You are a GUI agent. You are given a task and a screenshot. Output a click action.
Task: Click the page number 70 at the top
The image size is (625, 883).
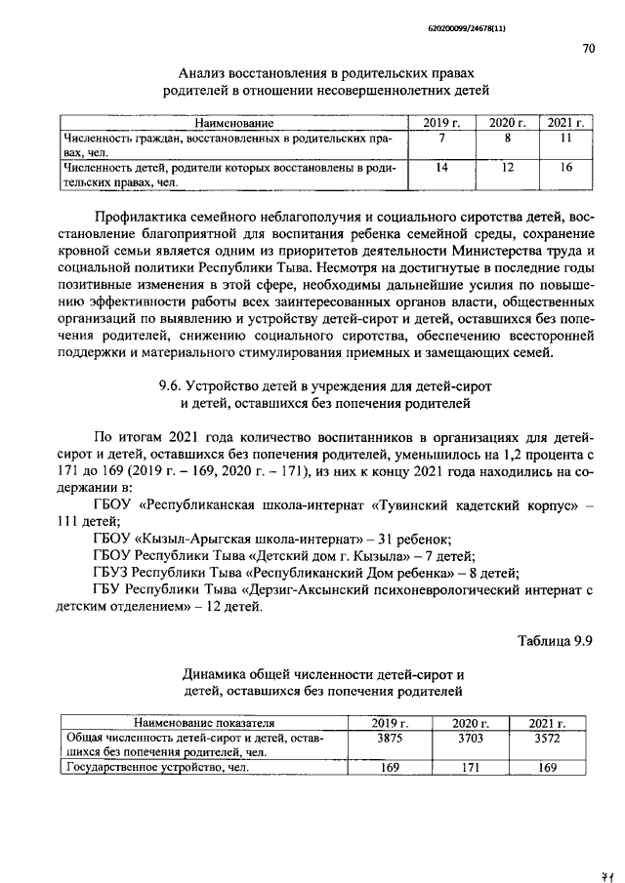(588, 48)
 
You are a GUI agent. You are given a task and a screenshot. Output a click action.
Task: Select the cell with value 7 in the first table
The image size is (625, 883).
(441, 139)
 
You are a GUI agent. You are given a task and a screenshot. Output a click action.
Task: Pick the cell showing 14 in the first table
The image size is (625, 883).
(441, 168)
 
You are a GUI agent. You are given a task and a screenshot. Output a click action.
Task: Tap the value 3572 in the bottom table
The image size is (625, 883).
(547, 739)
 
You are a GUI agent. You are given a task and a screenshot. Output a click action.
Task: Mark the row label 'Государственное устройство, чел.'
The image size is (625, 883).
(156, 768)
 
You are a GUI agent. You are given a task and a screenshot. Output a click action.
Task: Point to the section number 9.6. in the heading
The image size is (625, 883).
(172, 385)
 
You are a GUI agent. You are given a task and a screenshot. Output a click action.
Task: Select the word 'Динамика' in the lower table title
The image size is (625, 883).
(215, 675)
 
